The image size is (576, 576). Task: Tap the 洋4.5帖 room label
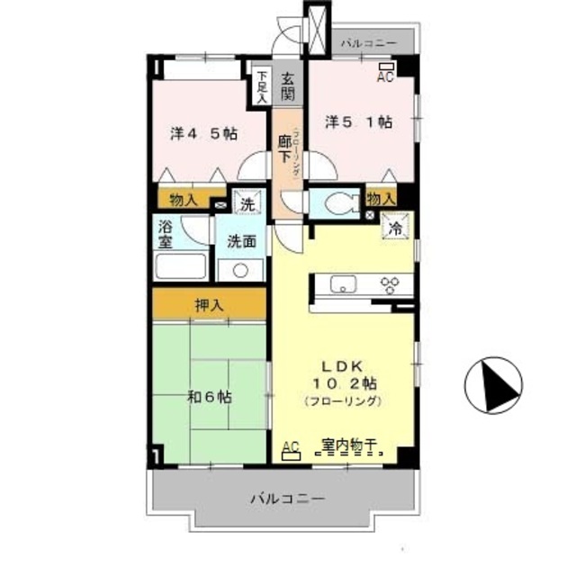coord(204,133)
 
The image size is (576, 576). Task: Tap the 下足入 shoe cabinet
coord(261,86)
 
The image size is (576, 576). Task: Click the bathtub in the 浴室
coord(181,266)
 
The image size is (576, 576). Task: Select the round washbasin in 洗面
coord(240,269)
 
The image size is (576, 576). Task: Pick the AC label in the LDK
coord(291,446)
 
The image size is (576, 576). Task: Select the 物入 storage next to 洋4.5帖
coord(184,199)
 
